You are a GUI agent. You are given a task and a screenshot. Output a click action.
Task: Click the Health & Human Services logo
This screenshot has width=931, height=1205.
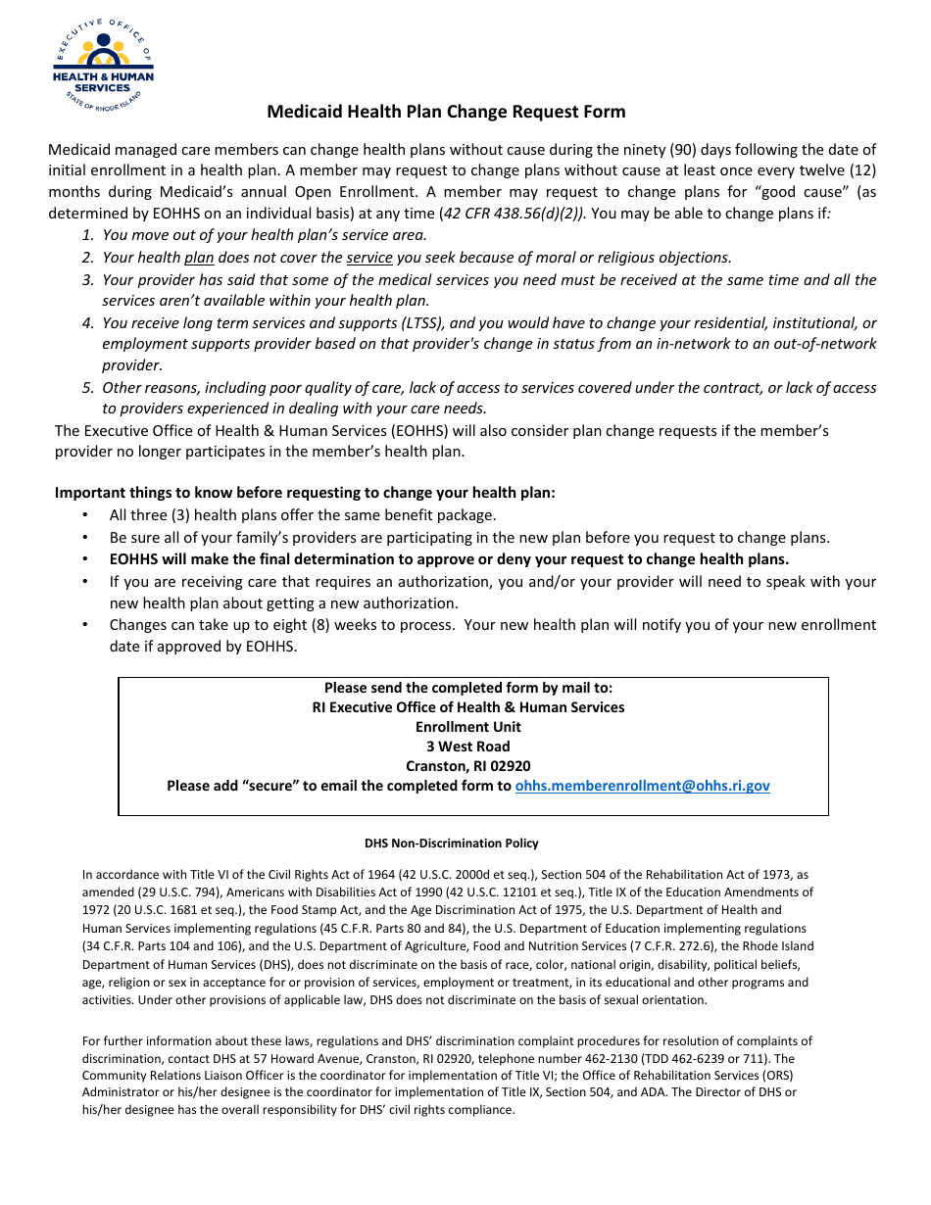(103, 66)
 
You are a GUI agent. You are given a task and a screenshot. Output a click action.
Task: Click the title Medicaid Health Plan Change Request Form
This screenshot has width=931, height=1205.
(446, 112)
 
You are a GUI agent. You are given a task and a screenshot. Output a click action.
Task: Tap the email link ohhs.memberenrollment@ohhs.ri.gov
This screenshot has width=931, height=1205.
(642, 786)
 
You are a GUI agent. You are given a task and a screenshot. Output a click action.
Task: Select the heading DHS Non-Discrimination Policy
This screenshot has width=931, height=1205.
(451, 843)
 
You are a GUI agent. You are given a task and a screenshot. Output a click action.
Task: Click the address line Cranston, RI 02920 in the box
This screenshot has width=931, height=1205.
(467, 766)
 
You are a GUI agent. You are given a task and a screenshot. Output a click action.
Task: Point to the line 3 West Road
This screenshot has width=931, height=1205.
(467, 747)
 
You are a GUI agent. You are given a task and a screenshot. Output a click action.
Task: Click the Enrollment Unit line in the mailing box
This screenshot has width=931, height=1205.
(467, 727)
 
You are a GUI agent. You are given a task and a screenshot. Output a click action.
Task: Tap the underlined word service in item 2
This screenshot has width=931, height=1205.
(369, 258)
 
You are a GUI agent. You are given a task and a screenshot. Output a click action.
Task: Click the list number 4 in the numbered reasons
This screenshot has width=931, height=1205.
(87, 323)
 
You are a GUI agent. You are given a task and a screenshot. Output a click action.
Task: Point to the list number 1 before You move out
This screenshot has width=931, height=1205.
(87, 235)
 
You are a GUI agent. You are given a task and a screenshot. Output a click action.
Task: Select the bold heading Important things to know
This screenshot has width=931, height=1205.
(305, 493)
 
